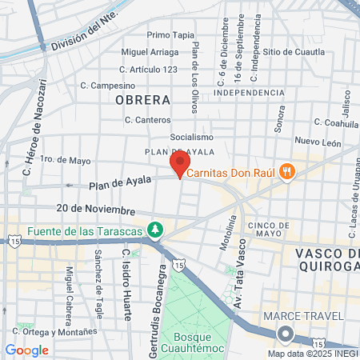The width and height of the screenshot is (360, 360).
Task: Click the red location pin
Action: (x=180, y=163)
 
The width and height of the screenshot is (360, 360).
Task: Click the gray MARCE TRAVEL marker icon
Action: (x=284, y=334)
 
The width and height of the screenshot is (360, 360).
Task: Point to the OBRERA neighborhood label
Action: (x=142, y=100)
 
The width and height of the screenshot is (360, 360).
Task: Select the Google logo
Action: (x=26, y=350)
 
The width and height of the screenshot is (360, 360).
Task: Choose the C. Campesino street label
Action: (x=108, y=85)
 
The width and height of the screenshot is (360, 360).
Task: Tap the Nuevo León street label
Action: (x=318, y=141)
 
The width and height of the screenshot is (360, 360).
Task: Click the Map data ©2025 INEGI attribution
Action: (x=313, y=353)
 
